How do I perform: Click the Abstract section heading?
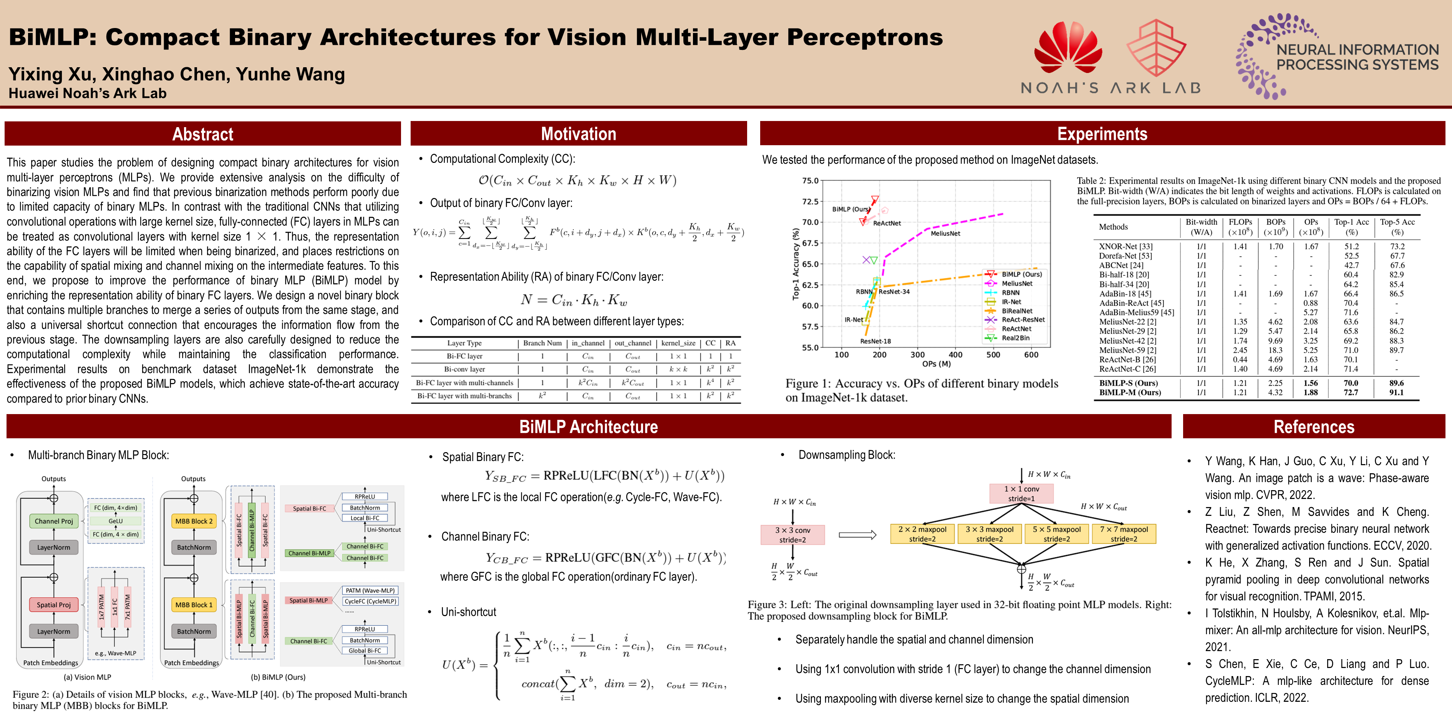[x=202, y=134]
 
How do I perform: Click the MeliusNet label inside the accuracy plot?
[x=945, y=234]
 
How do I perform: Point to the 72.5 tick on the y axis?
[x=810, y=202]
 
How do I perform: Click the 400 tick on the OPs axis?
[x=955, y=355]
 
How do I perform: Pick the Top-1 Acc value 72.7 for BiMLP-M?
[x=1351, y=392]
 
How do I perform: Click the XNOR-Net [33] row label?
[x=1125, y=246]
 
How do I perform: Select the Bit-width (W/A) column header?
[x=1201, y=227]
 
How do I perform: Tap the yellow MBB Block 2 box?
[x=194, y=521]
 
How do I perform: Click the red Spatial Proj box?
[x=54, y=605]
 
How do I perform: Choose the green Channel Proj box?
[x=54, y=521]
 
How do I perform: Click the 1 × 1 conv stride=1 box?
[x=1021, y=493]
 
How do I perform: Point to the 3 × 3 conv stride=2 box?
[x=792, y=534]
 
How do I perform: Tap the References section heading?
[x=1313, y=427]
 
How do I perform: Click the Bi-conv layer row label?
[x=464, y=369]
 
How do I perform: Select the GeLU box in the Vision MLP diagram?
[x=116, y=521]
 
